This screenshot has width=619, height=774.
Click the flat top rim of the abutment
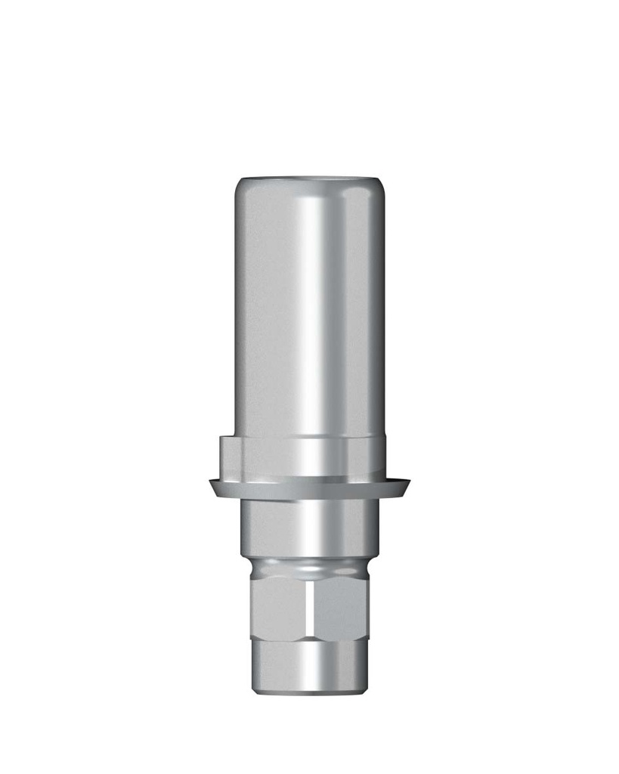click(309, 180)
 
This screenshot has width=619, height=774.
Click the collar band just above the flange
click(309, 457)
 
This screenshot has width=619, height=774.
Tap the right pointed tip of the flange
click(408, 482)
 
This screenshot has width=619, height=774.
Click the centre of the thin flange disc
click(309, 488)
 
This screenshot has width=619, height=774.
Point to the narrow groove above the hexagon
click(309, 568)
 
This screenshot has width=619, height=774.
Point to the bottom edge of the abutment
click(309, 692)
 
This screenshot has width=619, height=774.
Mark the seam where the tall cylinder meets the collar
click(309, 437)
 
